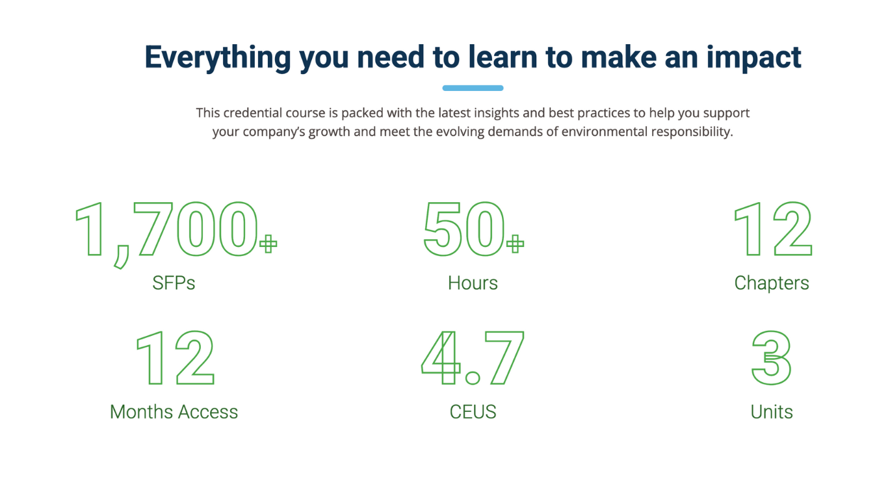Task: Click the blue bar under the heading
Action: [473, 88]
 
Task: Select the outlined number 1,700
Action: [166, 231]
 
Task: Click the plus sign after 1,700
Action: [268, 244]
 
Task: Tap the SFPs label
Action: [174, 283]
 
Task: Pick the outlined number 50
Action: [464, 229]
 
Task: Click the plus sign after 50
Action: [515, 244]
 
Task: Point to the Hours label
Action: [473, 283]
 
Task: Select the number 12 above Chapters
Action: [772, 229]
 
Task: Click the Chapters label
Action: [772, 283]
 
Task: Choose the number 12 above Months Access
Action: [174, 358]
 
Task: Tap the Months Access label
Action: [174, 411]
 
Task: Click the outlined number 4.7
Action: [473, 358]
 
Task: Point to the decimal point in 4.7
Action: [473, 377]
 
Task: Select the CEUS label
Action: [473, 411]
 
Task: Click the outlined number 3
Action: [772, 358]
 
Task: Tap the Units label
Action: [772, 411]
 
